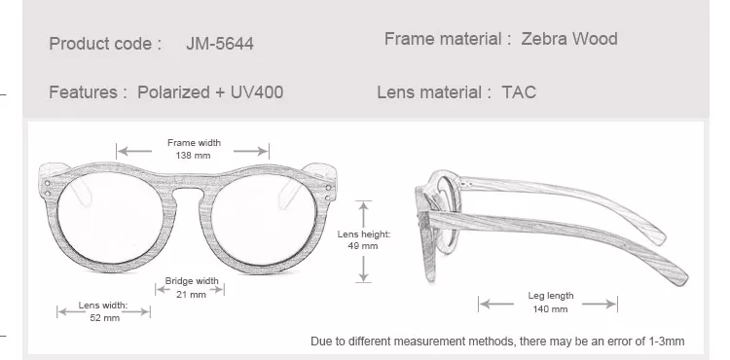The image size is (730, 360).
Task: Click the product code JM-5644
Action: click(220, 44)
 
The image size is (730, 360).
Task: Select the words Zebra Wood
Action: click(569, 39)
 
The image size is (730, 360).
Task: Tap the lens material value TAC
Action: click(519, 92)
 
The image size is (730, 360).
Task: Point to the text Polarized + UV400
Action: click(210, 92)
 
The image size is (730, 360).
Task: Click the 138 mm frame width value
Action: click(194, 156)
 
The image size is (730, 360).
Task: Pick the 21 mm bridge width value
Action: click(191, 295)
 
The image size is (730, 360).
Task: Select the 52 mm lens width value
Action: click(105, 318)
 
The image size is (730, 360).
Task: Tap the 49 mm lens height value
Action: click(363, 246)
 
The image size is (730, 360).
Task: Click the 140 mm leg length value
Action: click(550, 309)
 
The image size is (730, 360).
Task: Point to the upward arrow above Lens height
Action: click(364, 214)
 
